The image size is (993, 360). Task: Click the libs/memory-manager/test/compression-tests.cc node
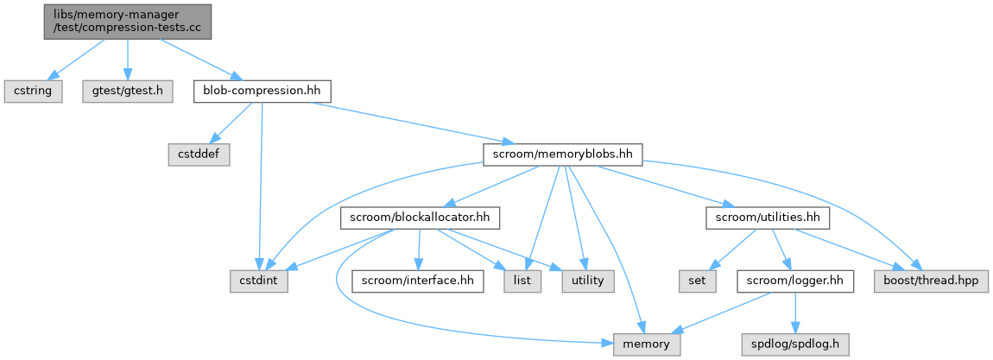pos(128,20)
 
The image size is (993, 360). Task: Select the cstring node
pos(34,91)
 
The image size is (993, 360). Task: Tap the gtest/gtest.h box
pos(128,91)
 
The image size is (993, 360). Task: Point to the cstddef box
pos(198,154)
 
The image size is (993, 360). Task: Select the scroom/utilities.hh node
pos(768,218)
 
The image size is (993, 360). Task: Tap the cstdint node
pos(260,281)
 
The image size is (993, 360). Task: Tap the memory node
pos(646,344)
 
